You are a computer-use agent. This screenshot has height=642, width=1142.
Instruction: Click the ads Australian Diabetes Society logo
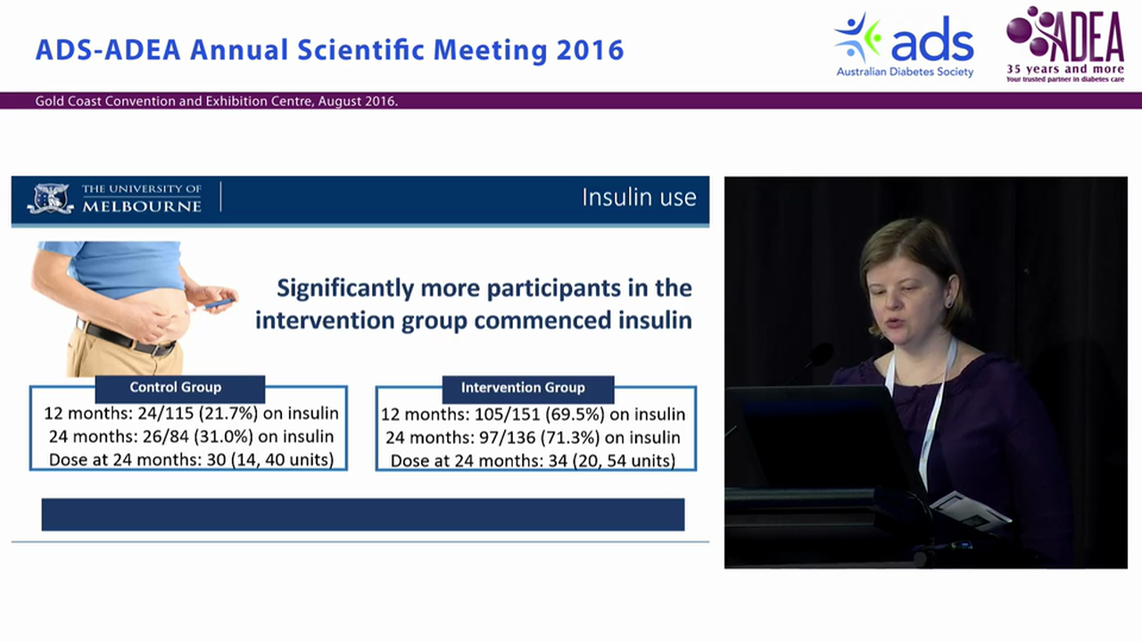pyautogui.click(x=905, y=45)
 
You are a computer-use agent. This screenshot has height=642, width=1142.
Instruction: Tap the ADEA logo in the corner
pyautogui.click(x=1064, y=45)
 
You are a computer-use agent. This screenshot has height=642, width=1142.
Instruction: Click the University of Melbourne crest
pyautogui.click(x=51, y=198)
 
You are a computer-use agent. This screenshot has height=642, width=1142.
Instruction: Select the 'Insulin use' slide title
pyautogui.click(x=639, y=197)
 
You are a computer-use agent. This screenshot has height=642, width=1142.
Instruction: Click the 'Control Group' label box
pyautogui.click(x=176, y=388)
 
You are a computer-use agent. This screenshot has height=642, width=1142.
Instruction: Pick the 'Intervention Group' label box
pyautogui.click(x=523, y=388)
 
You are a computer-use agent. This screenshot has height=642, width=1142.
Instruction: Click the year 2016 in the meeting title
pyautogui.click(x=590, y=50)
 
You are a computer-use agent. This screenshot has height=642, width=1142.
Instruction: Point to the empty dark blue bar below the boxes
pyautogui.click(x=362, y=514)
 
